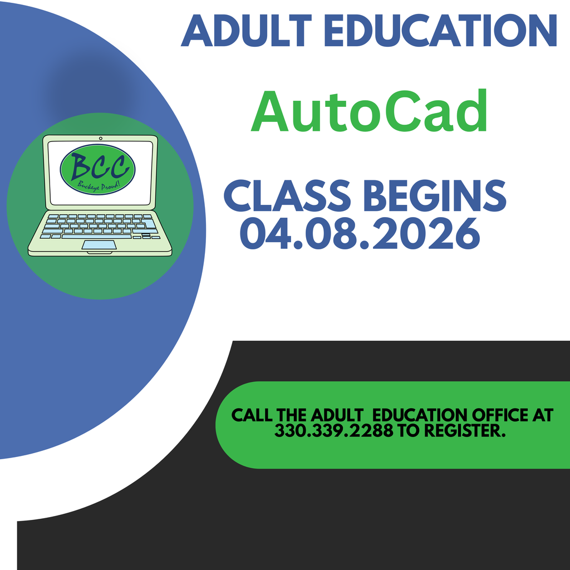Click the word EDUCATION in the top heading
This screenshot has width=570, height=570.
441,31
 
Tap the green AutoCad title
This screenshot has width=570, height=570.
369,111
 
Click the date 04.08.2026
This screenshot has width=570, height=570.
360,234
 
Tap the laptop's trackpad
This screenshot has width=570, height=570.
99,245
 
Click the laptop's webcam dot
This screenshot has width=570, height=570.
100,138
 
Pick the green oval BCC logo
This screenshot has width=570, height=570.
97,169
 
